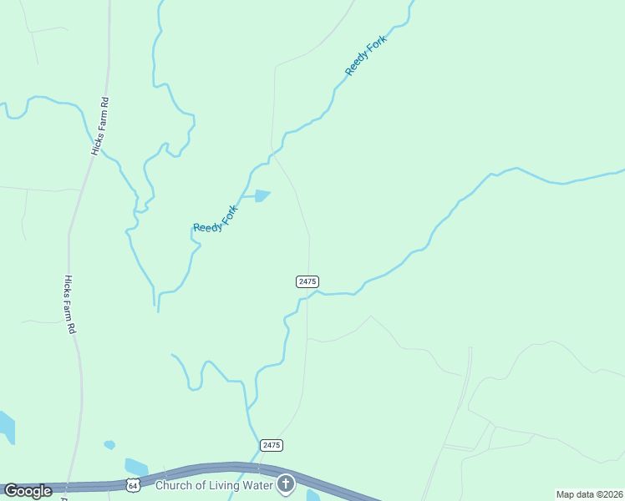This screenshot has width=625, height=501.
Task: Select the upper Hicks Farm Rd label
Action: [100, 126]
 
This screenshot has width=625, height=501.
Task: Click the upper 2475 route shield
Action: [307, 282]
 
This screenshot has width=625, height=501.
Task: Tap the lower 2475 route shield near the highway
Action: [271, 445]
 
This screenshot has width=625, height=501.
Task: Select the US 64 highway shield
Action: [134, 484]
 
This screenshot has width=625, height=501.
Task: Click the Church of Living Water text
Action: [216, 483]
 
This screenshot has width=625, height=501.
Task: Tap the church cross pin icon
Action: [286, 483]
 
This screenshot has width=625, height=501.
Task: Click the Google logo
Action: [28, 491]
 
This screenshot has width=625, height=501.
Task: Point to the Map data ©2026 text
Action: [589, 494]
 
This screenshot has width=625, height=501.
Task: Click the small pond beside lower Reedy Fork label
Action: [262, 196]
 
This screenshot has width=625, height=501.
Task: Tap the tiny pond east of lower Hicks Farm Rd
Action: [109, 445]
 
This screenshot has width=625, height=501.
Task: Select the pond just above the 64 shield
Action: [135, 466]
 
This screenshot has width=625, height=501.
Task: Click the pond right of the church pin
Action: [313, 495]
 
